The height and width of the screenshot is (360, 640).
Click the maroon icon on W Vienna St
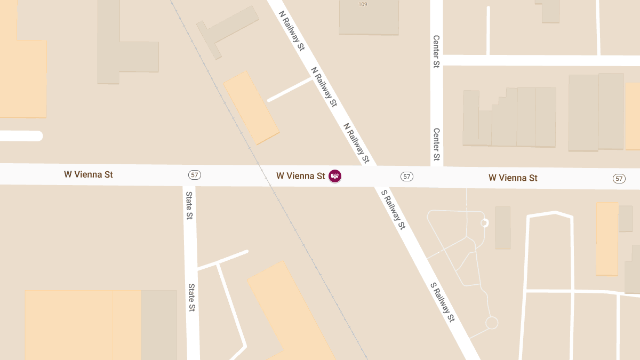(x=335, y=176)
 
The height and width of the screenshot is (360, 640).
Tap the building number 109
(x=363, y=4)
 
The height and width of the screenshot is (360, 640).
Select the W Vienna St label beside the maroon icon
(x=300, y=176)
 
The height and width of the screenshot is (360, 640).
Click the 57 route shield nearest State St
(x=194, y=175)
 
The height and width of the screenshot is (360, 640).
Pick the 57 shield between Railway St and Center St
(x=407, y=177)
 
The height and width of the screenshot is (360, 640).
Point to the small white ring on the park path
(x=484, y=223)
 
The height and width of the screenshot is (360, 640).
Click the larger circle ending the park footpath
(x=492, y=323)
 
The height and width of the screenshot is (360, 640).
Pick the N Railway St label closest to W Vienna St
(x=356, y=143)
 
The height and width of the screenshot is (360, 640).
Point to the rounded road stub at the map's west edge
(x=21, y=136)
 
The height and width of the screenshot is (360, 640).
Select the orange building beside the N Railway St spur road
(x=251, y=108)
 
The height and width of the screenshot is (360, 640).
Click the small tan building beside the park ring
(x=502, y=228)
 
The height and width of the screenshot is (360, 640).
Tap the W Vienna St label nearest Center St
(x=513, y=178)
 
